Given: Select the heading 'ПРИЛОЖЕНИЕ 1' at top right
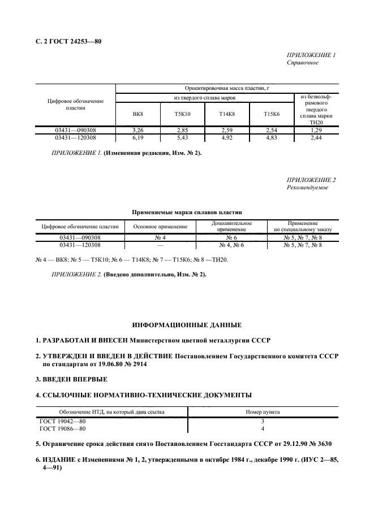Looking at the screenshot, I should click(311, 55).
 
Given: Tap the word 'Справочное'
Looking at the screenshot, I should click(303, 63).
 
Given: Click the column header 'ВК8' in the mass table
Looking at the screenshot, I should click(137, 114).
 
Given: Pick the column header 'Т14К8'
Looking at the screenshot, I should click(227, 114).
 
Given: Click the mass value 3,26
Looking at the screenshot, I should click(137, 130).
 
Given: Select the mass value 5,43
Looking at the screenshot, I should click(182, 137).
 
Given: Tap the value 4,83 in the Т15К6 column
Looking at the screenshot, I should click(272, 137).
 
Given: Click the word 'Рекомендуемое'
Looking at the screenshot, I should click(307, 188).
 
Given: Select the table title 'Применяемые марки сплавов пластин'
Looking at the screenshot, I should click(187, 213).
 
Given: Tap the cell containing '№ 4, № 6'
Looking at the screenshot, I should click(231, 245).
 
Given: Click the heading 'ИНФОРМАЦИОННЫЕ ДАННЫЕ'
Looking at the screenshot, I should click(187, 326).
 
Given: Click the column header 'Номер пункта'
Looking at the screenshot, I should click(262, 412).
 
